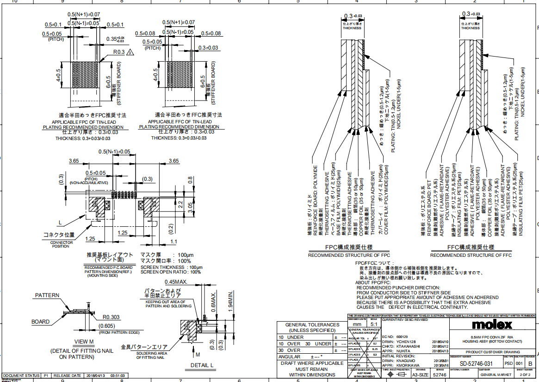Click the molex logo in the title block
pos(491,324)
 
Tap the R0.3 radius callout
pos(119,52)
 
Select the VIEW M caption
pos(84,342)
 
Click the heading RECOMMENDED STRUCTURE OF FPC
pos(349,255)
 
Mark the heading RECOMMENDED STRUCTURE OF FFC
pos(471,255)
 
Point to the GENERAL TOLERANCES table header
pos(312,327)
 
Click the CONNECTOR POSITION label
pos(62,244)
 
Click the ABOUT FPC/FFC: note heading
pos(373,283)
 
